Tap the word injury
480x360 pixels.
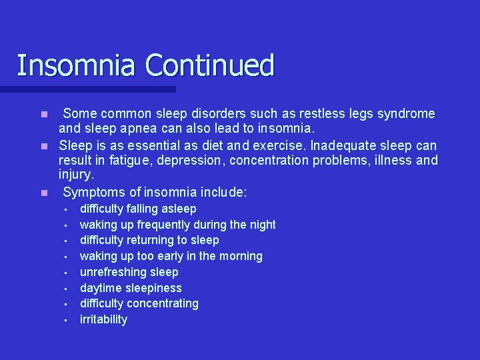[76, 175]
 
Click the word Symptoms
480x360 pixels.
[94, 193]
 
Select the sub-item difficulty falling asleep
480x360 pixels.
[138, 209]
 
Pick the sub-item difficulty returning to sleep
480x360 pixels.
[149, 240]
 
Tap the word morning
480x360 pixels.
[241, 256]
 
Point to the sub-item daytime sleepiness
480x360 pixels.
[131, 288]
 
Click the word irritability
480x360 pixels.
[103, 319]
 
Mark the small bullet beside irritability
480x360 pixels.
[66, 320]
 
